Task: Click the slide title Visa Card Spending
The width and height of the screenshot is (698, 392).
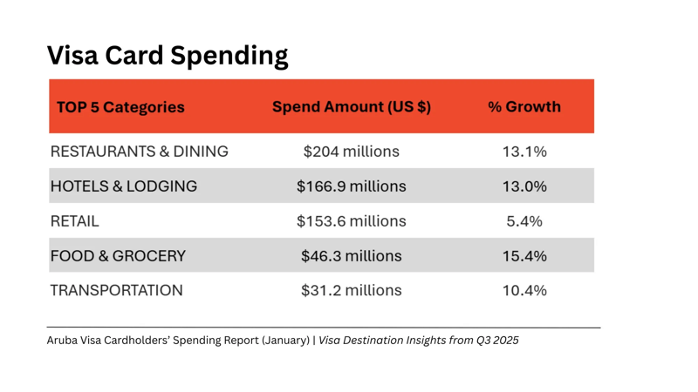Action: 167,56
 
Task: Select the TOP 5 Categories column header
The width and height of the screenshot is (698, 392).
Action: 120,107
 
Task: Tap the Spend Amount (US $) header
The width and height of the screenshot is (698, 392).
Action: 352,107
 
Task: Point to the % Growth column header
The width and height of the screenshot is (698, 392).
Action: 524,107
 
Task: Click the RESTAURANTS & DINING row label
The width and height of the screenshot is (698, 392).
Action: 140,152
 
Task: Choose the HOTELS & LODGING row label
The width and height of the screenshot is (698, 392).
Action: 124,186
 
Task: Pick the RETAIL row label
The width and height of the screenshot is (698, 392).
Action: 75,221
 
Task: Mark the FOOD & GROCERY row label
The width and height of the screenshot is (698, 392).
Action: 118,256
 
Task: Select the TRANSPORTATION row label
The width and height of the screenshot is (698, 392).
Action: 117,290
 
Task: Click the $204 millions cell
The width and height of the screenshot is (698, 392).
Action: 352,152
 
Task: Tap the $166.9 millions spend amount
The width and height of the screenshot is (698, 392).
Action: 352,186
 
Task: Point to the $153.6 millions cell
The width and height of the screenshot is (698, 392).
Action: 352,221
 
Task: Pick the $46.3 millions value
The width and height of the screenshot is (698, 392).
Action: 352,256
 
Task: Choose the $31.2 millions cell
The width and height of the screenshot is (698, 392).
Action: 352,290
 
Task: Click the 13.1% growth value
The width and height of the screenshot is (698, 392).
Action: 524,152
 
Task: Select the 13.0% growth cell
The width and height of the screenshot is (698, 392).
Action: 524,186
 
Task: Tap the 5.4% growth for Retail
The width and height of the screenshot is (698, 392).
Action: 524,221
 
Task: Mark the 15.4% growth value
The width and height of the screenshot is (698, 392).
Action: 524,256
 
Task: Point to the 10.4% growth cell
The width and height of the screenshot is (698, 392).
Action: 524,290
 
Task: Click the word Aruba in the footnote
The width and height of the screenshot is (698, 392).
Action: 63,341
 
